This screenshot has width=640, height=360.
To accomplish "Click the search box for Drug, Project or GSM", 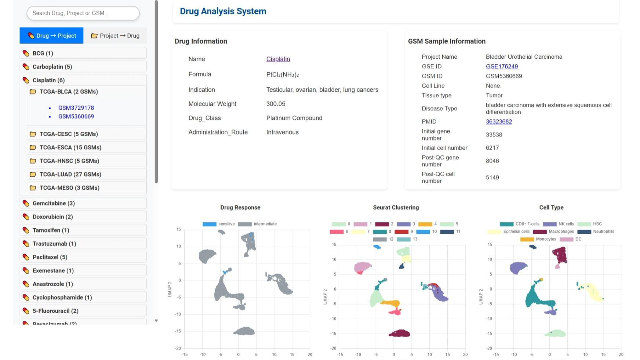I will tap(83, 13).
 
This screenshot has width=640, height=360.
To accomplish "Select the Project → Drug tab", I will tap(115, 36).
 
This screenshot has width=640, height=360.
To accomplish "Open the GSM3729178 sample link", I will tap(76, 108).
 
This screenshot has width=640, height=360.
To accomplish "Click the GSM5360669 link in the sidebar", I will tap(76, 116).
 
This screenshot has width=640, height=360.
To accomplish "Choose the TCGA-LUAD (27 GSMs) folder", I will tap(70, 174).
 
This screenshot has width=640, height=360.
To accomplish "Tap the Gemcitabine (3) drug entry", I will tap(54, 203).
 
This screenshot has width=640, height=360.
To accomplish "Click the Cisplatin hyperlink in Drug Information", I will tap(278, 59).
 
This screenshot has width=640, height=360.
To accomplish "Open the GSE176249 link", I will tap(502, 66).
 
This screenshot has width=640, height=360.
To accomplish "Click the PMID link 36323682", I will tap(499, 121).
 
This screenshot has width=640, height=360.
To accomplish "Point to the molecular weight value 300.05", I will tap(276, 104).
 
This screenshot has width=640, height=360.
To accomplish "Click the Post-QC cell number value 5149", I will tap(492, 177).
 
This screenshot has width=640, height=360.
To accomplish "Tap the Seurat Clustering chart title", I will tap(396, 207).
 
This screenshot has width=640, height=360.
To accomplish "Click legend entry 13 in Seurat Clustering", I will tap(407, 239).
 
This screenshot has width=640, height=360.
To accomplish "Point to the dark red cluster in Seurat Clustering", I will tap(399, 333).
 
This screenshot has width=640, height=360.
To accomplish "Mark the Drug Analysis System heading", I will tap(223, 11).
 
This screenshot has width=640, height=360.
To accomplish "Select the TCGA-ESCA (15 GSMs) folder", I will tap(70, 148).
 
